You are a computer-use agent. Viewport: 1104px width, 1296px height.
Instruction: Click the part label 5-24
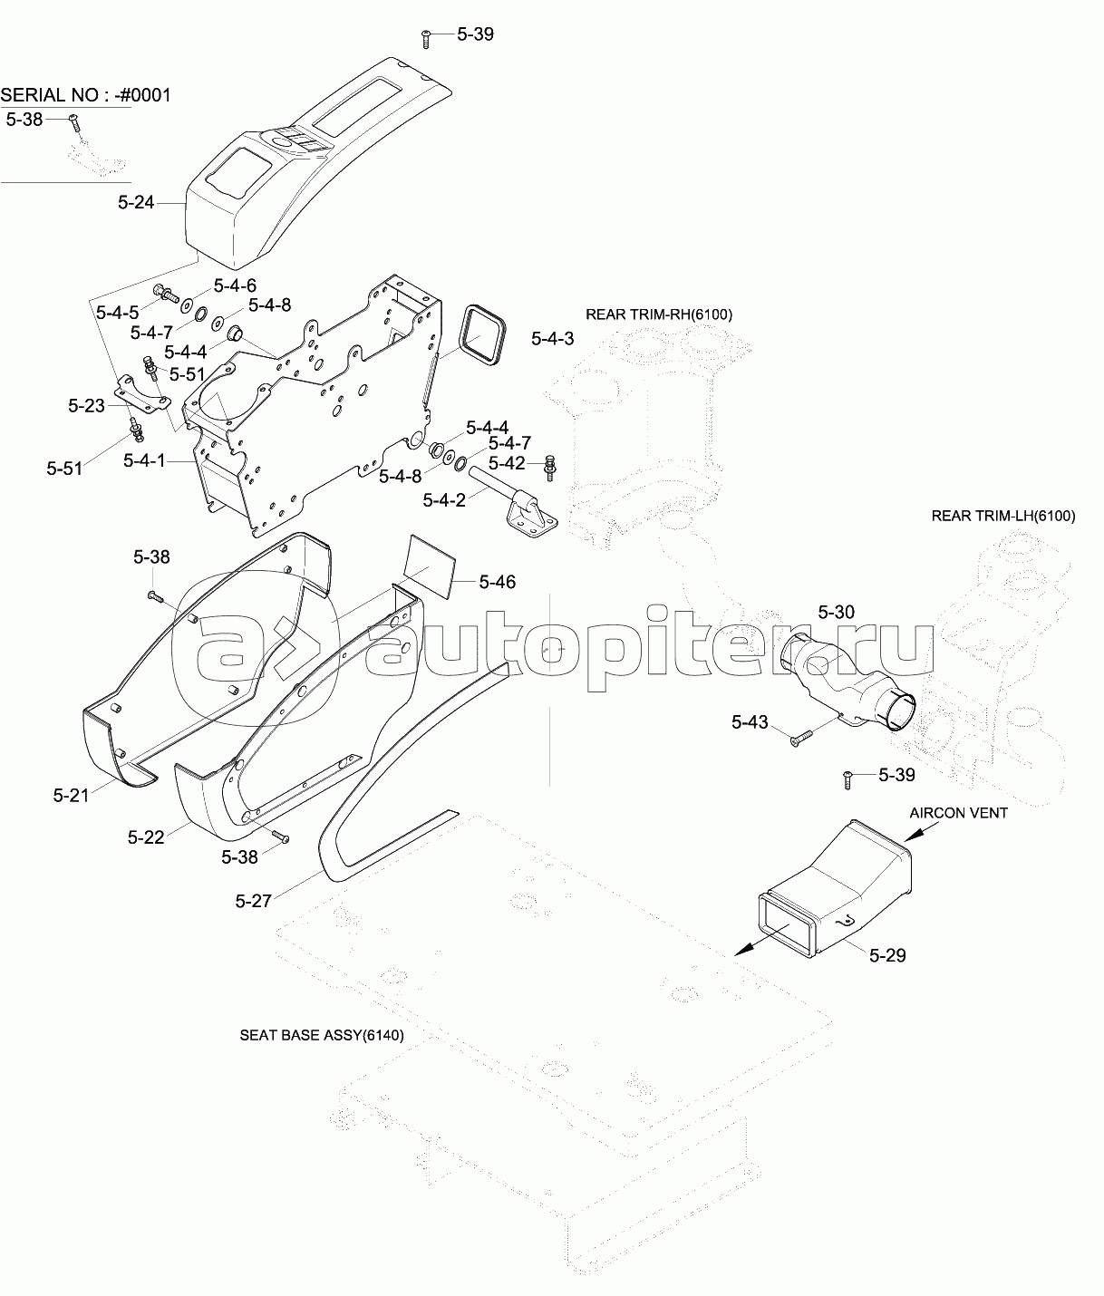[x=136, y=203]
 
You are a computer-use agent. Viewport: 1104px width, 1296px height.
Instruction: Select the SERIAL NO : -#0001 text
[x=86, y=95]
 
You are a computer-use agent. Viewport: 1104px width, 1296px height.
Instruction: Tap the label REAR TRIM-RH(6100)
[x=659, y=314]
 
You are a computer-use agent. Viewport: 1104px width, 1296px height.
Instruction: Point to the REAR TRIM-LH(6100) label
[x=1003, y=516]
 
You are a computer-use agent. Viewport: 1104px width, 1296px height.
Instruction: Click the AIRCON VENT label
[x=958, y=813]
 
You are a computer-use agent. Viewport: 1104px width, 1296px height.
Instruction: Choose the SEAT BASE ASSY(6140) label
[x=322, y=1034]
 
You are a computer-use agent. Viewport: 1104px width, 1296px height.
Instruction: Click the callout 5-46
[x=498, y=582]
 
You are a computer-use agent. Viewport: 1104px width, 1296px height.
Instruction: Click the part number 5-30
[x=836, y=613]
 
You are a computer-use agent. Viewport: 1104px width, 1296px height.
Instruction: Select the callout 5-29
[x=887, y=954]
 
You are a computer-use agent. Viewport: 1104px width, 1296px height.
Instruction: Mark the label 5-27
[x=253, y=901]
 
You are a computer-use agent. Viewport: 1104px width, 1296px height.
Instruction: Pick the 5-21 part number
[x=71, y=795]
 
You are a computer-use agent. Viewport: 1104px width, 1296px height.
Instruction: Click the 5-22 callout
[x=146, y=837]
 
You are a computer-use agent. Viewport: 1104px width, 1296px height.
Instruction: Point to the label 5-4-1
[x=145, y=460]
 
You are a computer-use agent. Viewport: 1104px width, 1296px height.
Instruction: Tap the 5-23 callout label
[x=87, y=406]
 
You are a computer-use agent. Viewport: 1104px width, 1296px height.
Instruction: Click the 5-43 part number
[x=750, y=722]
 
